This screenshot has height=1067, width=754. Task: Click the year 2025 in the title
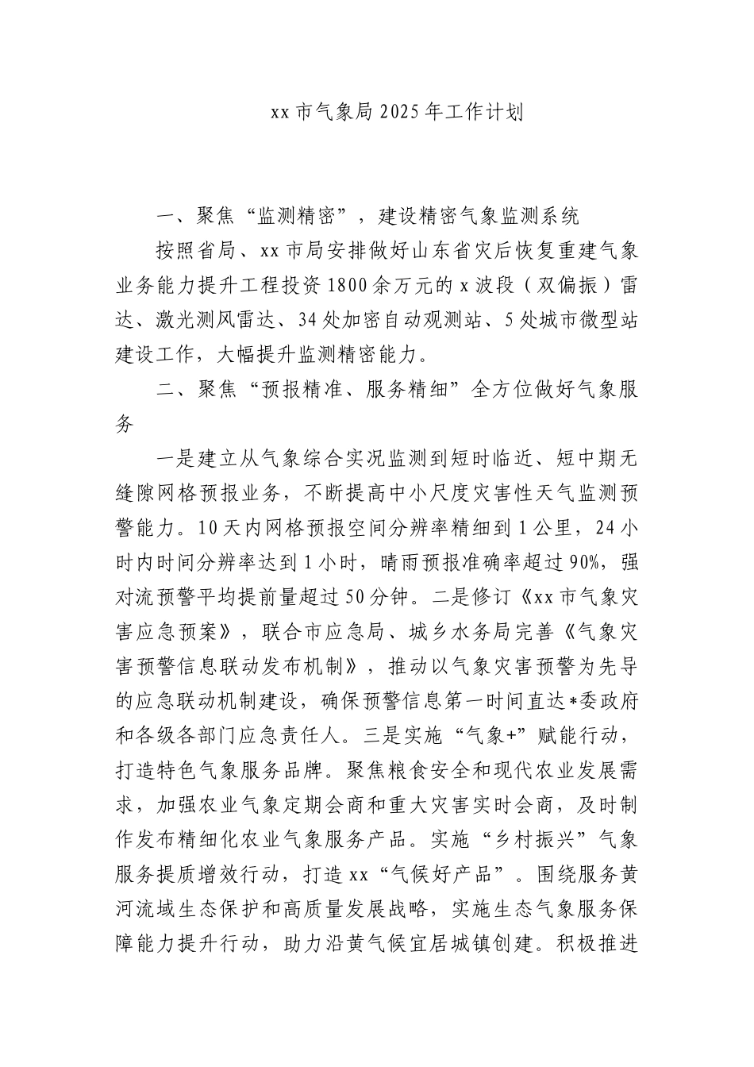click(400, 113)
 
